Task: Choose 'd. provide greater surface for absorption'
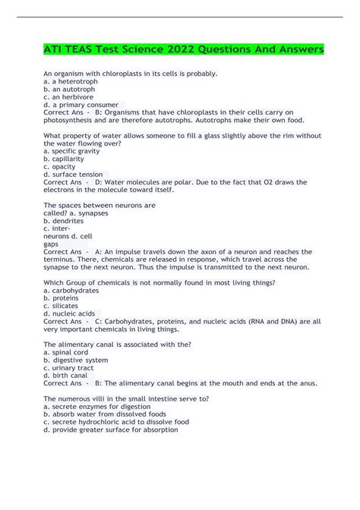pyautogui.click(x=111, y=429)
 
